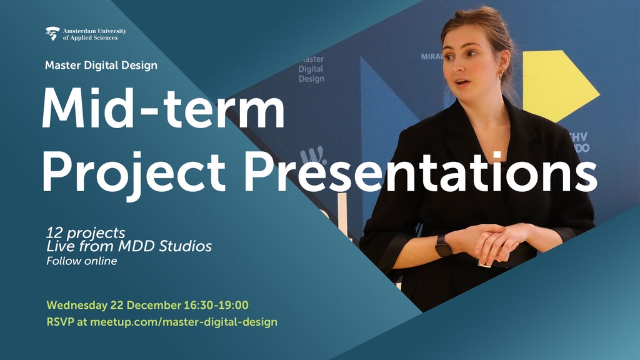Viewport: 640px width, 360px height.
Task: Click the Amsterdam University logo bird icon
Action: tap(52, 33)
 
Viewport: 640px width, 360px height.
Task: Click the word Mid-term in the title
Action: tap(162, 107)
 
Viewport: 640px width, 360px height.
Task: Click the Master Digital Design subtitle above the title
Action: tap(101, 65)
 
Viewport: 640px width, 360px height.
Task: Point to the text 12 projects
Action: tap(86, 233)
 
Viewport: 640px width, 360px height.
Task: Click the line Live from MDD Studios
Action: tap(129, 246)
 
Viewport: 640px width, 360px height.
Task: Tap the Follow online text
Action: tap(81, 261)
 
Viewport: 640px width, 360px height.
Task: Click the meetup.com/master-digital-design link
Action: tap(184, 322)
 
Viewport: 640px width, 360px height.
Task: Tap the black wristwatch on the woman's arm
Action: tap(443, 246)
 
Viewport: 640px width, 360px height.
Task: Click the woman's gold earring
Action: tap(500, 76)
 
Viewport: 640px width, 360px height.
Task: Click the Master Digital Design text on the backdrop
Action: tap(311, 69)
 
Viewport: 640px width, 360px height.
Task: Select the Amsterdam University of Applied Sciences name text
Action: tap(94, 34)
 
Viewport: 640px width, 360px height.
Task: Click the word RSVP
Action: tap(61, 322)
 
